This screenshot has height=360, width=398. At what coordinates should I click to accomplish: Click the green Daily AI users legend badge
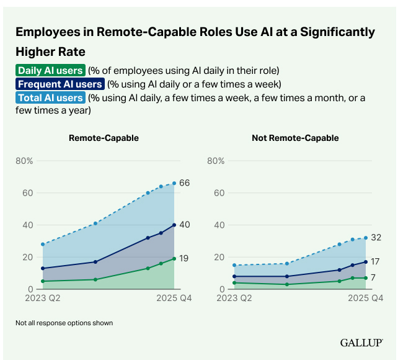50,70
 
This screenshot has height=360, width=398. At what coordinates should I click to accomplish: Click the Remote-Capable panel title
104,138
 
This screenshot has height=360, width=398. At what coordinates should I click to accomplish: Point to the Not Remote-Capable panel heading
295,138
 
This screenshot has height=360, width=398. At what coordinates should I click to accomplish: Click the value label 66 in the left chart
184,183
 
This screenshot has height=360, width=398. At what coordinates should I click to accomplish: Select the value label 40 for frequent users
185,225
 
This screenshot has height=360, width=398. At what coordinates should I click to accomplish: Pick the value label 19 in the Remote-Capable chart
184,259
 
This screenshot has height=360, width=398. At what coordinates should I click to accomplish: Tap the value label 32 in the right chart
375,238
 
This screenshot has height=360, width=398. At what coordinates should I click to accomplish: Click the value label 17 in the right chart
375,261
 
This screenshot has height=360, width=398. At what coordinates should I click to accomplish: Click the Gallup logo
361,343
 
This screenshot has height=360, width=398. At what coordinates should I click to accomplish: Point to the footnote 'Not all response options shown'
64,323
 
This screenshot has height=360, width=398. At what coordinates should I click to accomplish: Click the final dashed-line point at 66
174,183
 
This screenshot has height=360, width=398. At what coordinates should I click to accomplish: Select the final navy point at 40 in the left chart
174,225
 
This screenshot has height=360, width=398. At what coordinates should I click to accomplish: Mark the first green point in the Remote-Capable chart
43,281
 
